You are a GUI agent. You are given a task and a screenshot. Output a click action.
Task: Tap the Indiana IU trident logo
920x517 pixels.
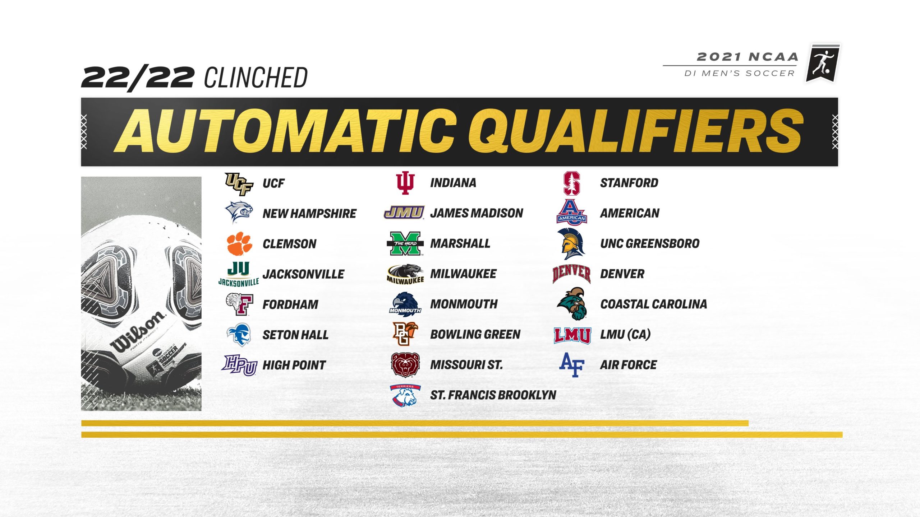(405, 183)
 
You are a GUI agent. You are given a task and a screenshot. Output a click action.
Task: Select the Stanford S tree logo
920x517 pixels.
(571, 183)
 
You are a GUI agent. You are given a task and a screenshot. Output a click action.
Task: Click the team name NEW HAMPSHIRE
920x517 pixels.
(309, 214)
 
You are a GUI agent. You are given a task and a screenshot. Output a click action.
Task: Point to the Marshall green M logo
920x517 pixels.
(405, 243)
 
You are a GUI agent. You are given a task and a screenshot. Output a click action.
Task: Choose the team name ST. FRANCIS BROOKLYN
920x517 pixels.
(493, 395)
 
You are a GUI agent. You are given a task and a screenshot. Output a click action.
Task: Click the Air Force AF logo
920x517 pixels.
(572, 365)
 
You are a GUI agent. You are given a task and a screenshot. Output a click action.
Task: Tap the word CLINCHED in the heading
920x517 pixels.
(256, 78)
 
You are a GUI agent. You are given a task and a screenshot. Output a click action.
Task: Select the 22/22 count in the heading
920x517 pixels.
(138, 78)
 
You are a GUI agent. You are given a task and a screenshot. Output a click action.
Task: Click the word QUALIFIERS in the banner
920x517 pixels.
(635, 132)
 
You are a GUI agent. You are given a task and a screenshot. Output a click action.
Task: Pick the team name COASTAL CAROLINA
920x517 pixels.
(653, 304)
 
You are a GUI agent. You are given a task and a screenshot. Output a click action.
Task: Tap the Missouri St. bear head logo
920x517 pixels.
(405, 365)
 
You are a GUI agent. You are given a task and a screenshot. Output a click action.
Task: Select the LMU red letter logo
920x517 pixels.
(572, 335)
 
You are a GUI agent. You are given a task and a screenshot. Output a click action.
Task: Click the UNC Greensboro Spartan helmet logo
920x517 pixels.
(571, 244)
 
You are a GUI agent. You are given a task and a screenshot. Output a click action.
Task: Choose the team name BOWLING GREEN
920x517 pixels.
(475, 335)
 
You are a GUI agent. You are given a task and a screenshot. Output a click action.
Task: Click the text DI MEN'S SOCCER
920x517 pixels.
(739, 74)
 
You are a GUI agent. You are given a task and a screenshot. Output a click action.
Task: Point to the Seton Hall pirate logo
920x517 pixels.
(239, 335)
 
